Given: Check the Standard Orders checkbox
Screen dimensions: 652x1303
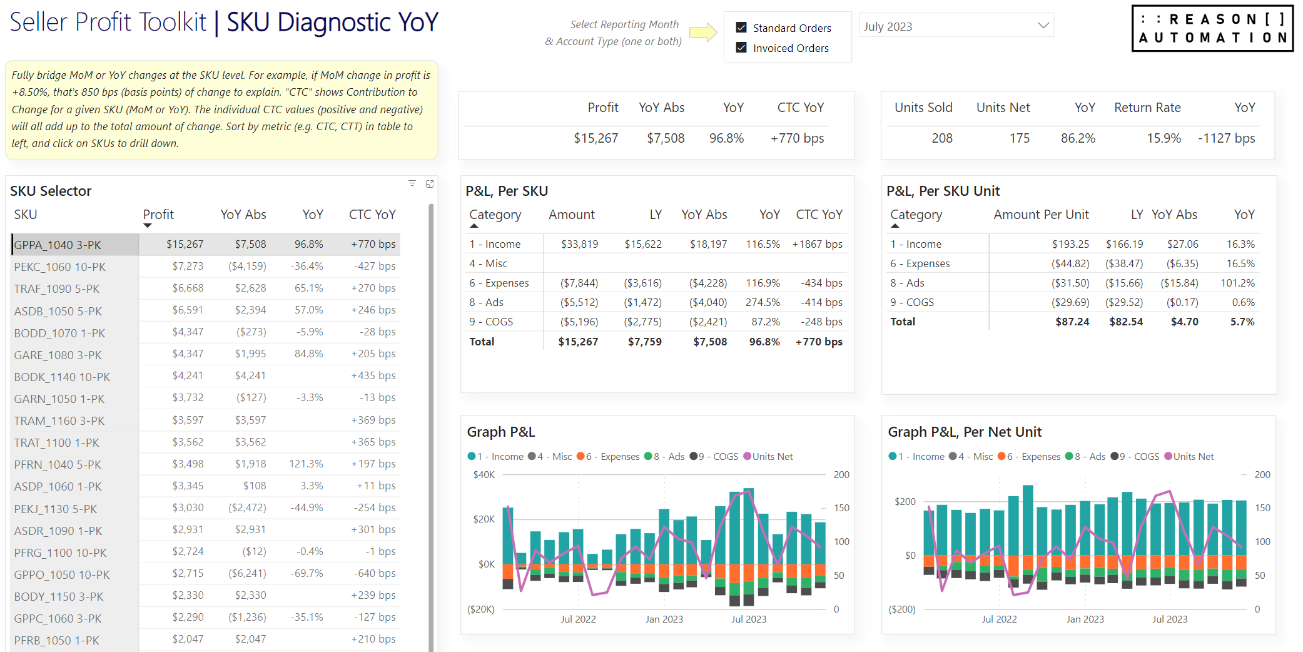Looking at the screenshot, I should (x=741, y=28).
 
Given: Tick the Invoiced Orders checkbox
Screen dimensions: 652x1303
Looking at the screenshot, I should (x=741, y=48).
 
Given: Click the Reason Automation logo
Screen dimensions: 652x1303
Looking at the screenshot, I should (x=1212, y=28).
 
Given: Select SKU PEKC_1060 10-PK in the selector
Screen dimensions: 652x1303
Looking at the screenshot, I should (x=60, y=267).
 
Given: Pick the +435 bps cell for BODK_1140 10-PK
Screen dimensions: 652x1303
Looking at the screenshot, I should (x=373, y=375).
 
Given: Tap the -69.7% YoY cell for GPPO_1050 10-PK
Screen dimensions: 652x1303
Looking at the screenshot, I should (x=307, y=573).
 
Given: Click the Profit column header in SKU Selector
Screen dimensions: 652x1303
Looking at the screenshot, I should (x=158, y=215).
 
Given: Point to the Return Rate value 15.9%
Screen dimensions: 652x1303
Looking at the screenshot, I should (x=1164, y=138).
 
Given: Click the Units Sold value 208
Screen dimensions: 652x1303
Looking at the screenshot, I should (x=941, y=138).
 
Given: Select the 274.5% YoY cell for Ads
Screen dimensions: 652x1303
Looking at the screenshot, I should (x=763, y=302).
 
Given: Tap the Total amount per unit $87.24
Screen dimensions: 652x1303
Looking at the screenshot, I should (x=1072, y=322).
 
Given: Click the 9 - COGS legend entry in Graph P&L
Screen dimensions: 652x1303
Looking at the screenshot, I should (x=714, y=457).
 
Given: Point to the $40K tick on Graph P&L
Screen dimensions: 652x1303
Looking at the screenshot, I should (x=484, y=475).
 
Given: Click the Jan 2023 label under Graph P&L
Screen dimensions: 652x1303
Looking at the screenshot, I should (x=664, y=619).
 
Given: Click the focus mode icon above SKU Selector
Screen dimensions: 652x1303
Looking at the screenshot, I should (x=430, y=184).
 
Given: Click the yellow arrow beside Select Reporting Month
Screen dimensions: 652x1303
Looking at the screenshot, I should (x=703, y=32).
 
